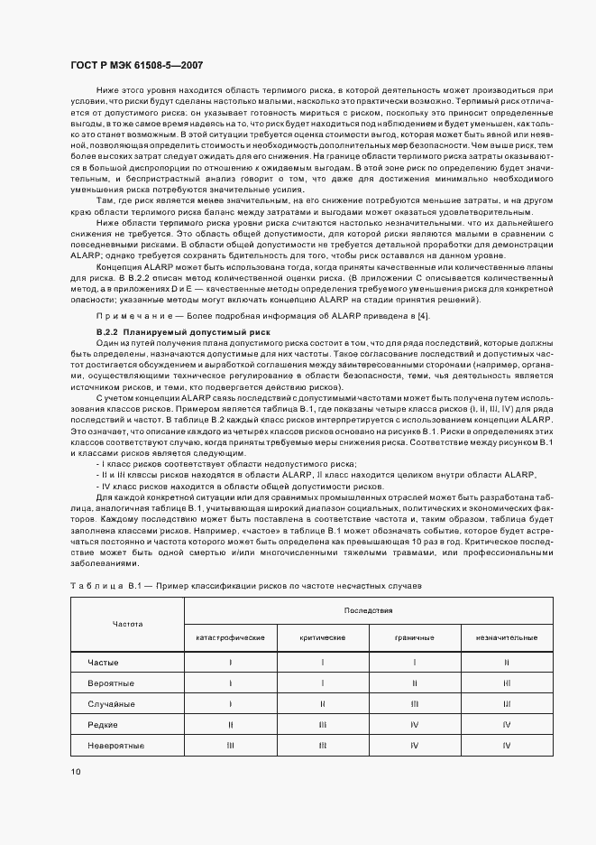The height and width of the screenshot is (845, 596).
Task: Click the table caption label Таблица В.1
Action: (x=101, y=586)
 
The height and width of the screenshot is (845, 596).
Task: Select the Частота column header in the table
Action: (x=127, y=624)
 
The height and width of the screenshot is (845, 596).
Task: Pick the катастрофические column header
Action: (x=231, y=637)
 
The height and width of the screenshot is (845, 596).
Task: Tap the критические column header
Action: (x=323, y=637)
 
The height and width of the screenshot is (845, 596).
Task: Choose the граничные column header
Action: (x=415, y=637)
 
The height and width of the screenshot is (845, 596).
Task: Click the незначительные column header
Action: (x=507, y=637)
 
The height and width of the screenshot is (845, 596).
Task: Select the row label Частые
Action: (x=103, y=663)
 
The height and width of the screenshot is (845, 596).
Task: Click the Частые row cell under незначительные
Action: (x=507, y=663)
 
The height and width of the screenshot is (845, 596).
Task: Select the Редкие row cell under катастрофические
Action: (x=231, y=724)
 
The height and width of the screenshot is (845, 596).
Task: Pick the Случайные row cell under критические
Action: (x=323, y=703)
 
